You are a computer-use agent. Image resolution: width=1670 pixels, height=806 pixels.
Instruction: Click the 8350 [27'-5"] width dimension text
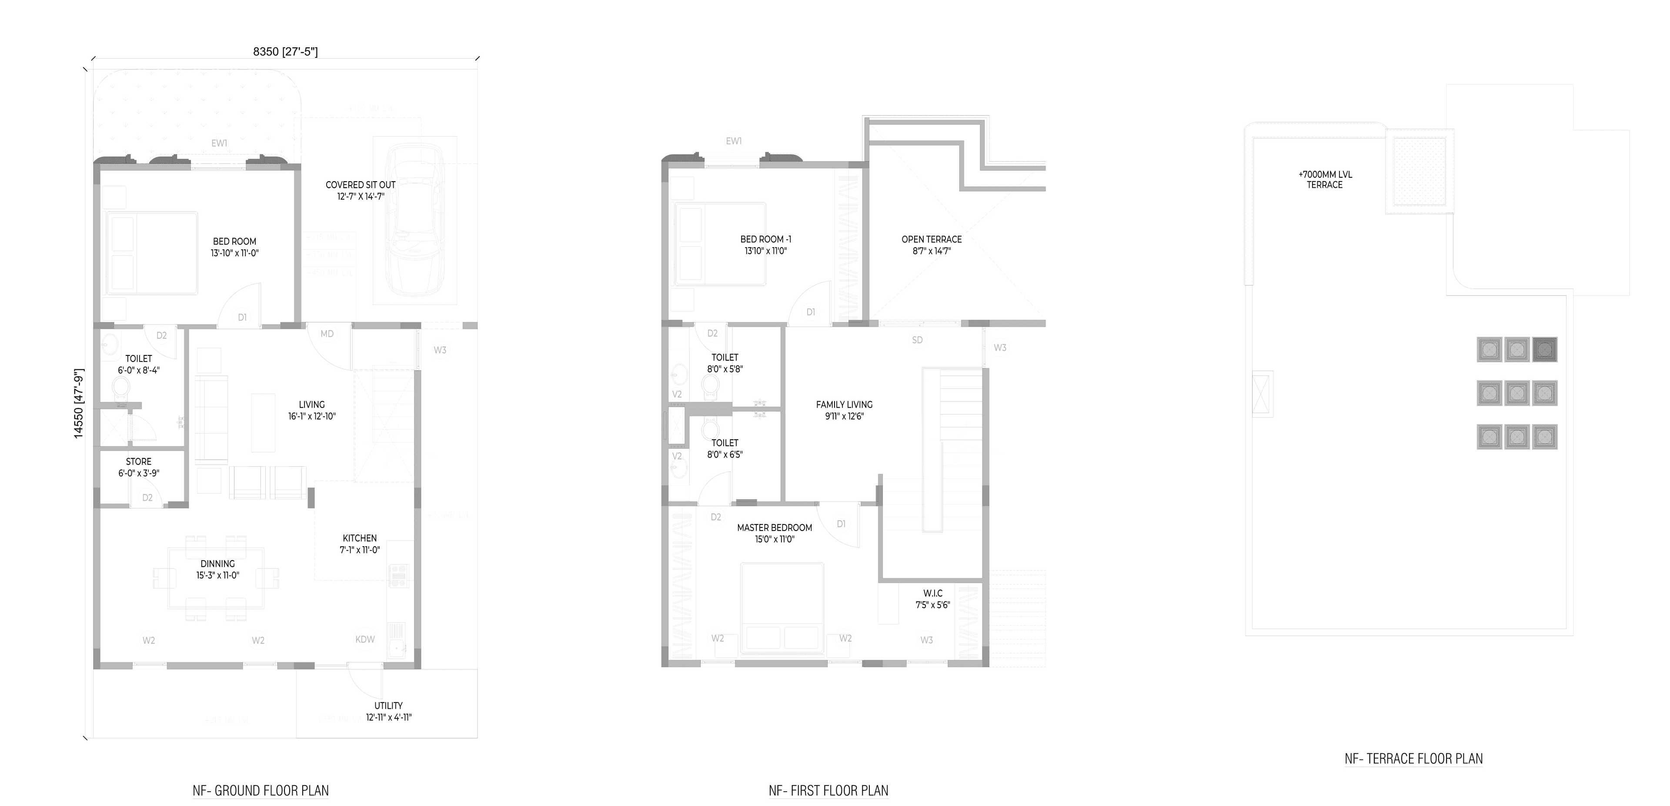(285, 52)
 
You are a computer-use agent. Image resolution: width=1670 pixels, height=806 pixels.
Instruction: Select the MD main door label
(327, 334)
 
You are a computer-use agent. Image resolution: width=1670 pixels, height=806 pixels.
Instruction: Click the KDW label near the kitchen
(365, 639)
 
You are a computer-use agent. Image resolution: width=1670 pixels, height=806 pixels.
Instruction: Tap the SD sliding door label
(917, 339)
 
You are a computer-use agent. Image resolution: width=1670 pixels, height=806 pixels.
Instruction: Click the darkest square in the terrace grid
(1544, 350)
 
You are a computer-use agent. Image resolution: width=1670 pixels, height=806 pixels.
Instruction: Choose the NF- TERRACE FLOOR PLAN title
(1413, 759)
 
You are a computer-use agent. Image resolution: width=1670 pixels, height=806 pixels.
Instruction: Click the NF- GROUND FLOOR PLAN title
(261, 790)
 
